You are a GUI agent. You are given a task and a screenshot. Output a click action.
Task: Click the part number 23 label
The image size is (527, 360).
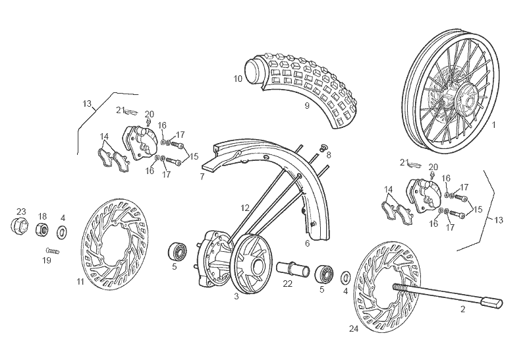[x=21, y=212]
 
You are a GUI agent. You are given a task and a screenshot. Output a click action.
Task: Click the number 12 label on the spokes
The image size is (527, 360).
[x=245, y=208]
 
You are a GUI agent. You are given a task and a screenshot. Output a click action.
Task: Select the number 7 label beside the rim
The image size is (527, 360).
[x=202, y=177]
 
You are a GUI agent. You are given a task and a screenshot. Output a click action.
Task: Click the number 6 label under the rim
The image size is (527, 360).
[x=307, y=243]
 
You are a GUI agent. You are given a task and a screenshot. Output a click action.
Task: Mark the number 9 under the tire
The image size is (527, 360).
[x=307, y=105]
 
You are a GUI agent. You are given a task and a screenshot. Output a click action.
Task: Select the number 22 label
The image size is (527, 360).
[x=287, y=284]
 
